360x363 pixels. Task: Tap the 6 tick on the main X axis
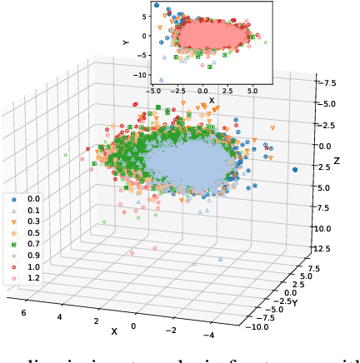click(x=23, y=311)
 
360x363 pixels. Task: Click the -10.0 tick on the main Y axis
click(x=257, y=328)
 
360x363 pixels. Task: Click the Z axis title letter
click(x=336, y=160)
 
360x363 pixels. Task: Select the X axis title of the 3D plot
click(x=114, y=331)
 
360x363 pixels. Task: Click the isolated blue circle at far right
click(x=295, y=170)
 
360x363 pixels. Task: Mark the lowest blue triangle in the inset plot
click(x=161, y=80)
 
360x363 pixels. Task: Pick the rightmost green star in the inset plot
click(x=265, y=41)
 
